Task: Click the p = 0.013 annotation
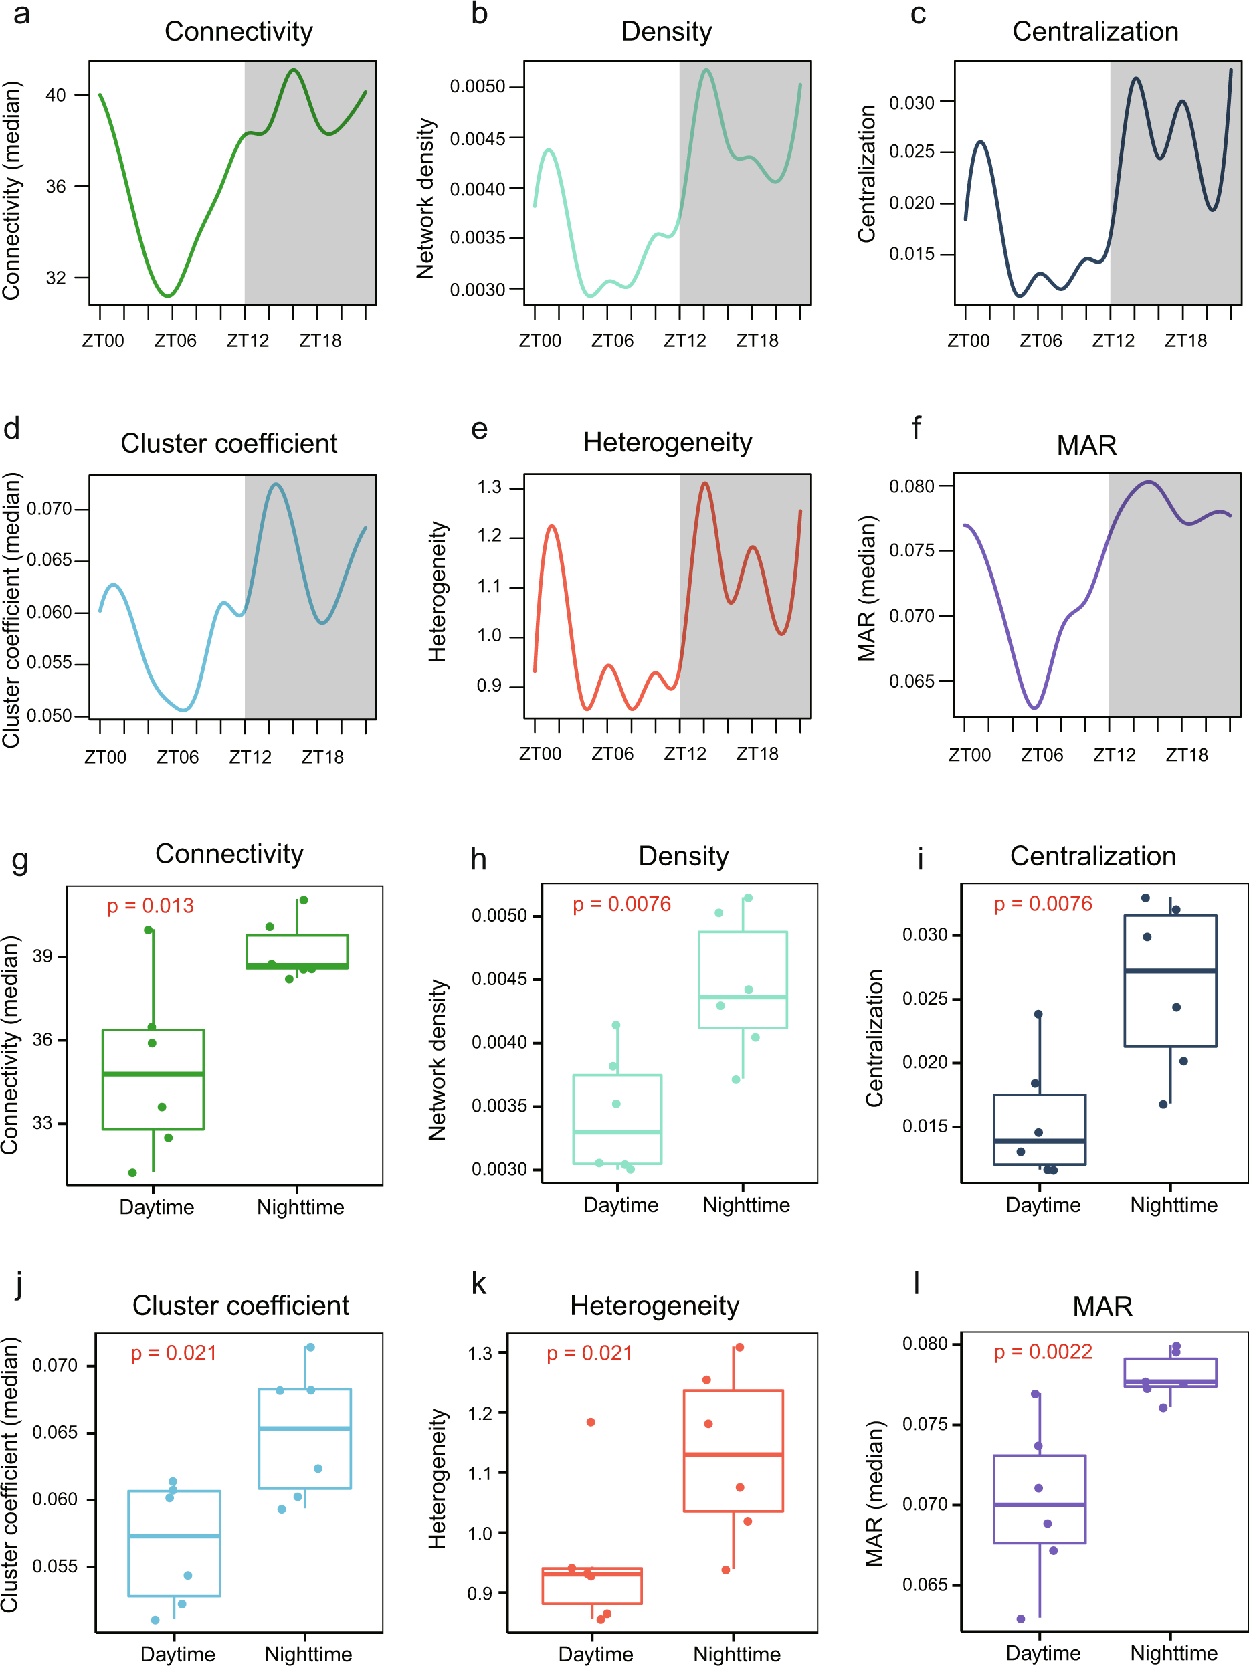point(150,906)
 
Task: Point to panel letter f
point(916,428)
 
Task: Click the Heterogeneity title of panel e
point(667,442)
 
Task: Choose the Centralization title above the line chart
point(1094,31)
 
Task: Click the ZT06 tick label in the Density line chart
point(611,341)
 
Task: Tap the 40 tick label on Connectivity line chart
point(56,95)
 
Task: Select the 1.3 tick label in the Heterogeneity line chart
point(489,488)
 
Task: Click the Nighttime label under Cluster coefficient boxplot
point(308,1654)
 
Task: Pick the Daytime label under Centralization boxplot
point(1042,1205)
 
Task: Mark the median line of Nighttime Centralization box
point(1170,971)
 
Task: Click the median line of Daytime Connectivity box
point(153,1074)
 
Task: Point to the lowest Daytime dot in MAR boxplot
point(1021,1619)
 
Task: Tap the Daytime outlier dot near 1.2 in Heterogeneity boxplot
point(591,1422)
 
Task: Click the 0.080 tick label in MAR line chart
point(912,486)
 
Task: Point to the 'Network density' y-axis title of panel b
point(425,198)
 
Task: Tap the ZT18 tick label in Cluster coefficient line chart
point(322,757)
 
